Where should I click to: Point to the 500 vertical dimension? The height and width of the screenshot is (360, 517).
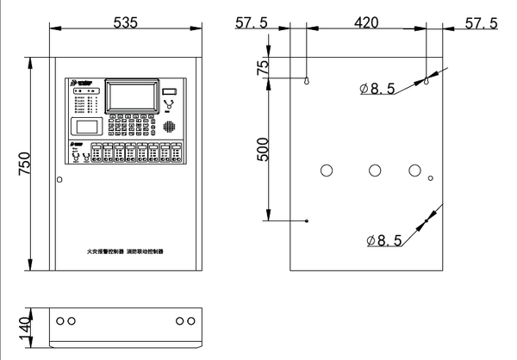(x=265, y=149)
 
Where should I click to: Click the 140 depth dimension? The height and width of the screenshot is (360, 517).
(x=25, y=325)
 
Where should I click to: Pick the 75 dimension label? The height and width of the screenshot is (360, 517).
(x=265, y=65)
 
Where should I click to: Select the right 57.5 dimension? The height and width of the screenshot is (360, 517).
(x=481, y=23)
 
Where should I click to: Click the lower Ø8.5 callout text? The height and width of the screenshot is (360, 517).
(x=384, y=240)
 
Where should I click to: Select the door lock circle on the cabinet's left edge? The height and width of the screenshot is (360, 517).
(x=59, y=179)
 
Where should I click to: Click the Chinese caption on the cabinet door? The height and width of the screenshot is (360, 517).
(x=126, y=251)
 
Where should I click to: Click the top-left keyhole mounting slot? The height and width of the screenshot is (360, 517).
(x=307, y=81)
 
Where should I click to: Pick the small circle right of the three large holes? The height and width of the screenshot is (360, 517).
(x=430, y=179)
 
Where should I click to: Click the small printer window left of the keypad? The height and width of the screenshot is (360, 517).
(x=84, y=127)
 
